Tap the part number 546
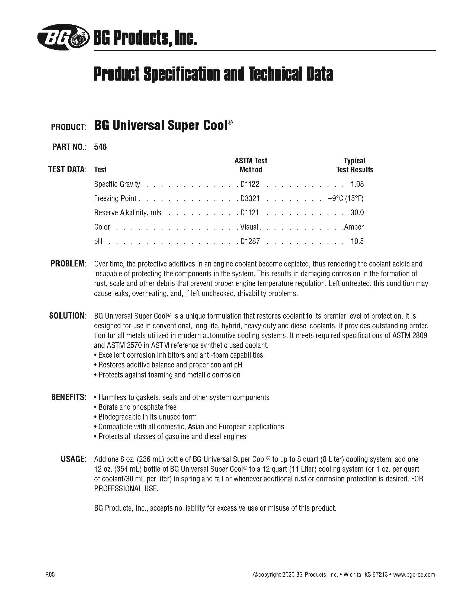[100, 147]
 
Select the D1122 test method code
[249, 184]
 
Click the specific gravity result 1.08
[357, 184]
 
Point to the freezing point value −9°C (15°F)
[345, 198]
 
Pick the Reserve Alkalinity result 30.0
[357, 212]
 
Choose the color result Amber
[354, 227]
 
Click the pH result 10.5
[357, 241]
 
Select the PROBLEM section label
[68, 264]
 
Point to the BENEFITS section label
[69, 397]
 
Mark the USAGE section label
[73, 459]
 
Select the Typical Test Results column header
[354, 165]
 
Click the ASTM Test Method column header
[251, 165]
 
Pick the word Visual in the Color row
[249, 227]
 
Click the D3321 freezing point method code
[249, 198]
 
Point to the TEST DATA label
[67, 170]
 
